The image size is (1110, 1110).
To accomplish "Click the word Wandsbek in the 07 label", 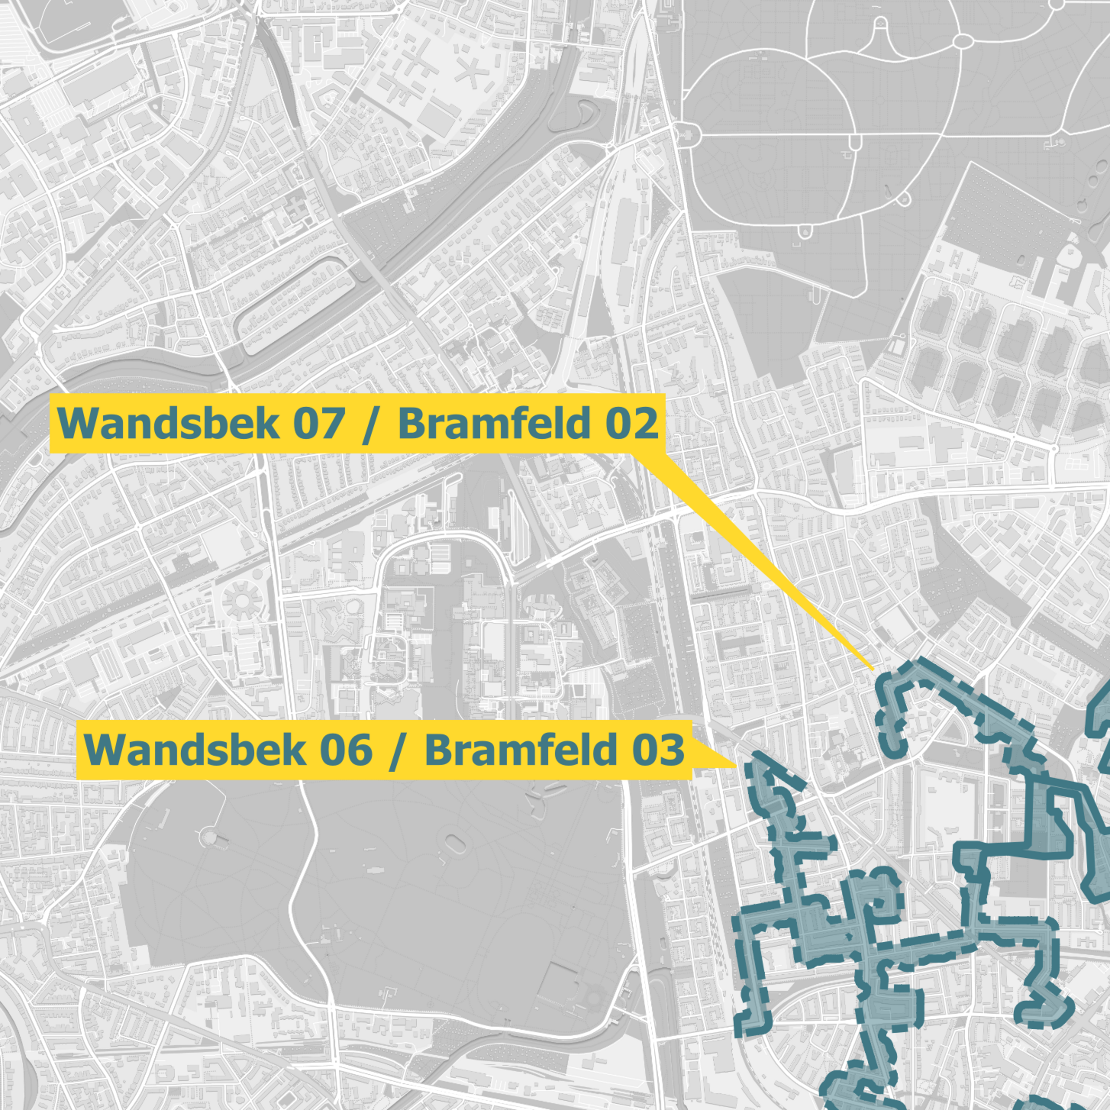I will click(168, 424).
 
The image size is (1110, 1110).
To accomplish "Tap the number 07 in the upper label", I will click(319, 424).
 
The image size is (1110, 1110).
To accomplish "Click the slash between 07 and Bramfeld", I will click(371, 425).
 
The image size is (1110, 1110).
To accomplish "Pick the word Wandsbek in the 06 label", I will click(196, 750).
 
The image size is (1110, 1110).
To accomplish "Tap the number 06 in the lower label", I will click(346, 750).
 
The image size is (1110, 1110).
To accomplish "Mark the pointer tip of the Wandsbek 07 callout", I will click(873, 670).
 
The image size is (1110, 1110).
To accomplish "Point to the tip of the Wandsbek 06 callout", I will click(737, 767).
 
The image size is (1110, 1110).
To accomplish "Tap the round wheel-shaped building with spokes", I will click(242, 601).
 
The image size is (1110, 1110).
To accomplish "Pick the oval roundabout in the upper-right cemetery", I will click(963, 41).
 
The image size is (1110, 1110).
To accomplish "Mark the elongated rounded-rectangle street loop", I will click(296, 306).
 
